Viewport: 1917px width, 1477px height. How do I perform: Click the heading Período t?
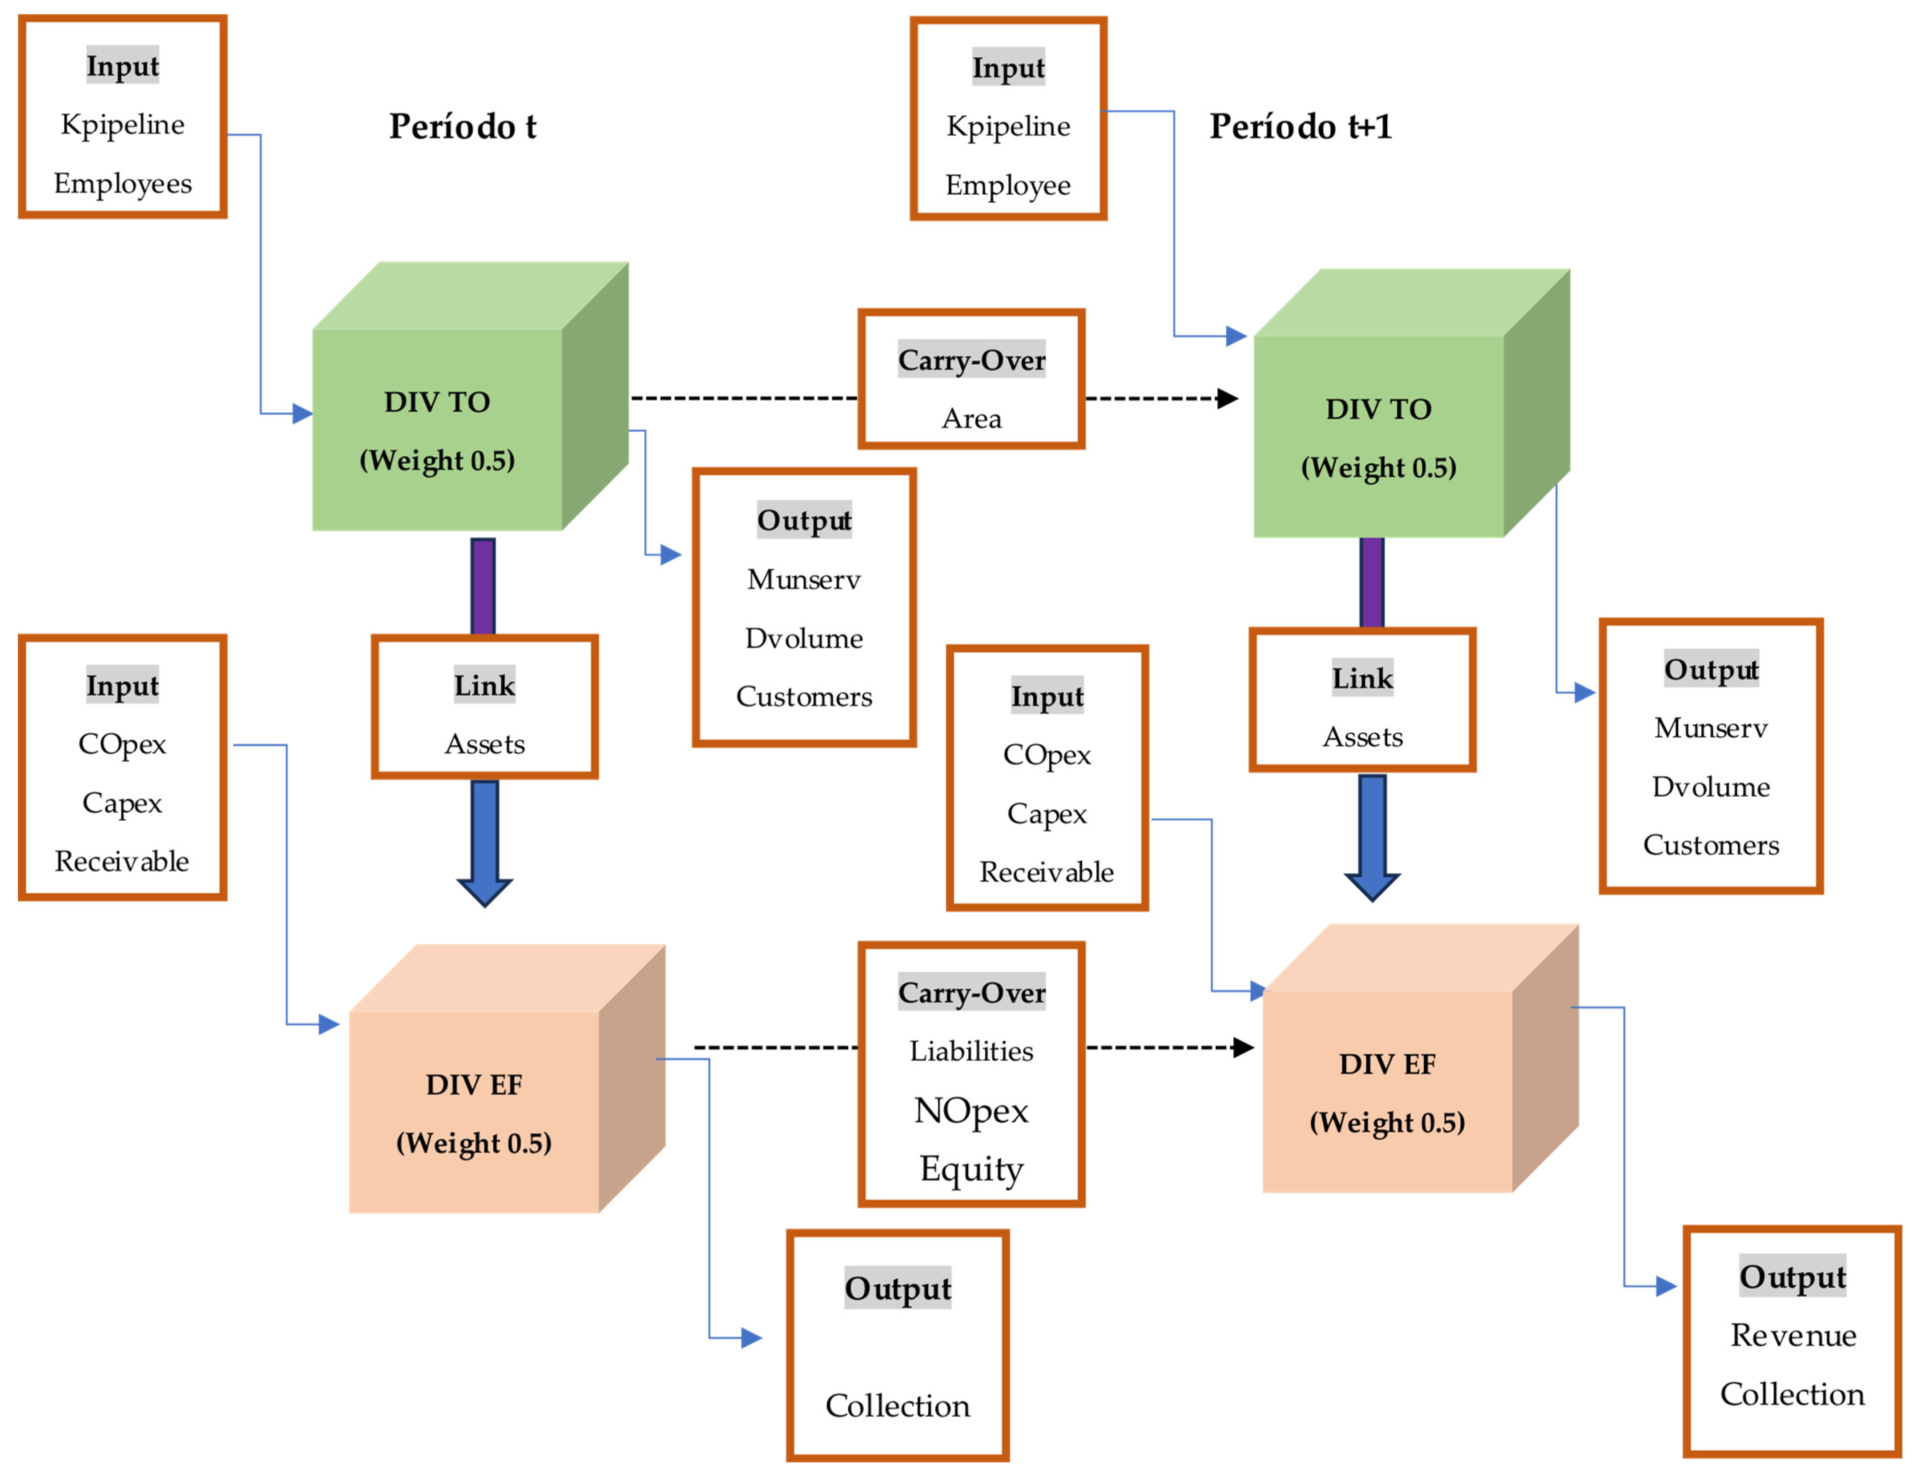point(463,126)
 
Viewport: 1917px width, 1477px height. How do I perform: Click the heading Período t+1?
point(1300,126)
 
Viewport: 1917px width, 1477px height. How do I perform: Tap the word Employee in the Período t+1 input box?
point(1008,185)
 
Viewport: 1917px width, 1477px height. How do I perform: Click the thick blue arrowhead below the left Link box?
point(484,891)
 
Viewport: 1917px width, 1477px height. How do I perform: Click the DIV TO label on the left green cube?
point(437,402)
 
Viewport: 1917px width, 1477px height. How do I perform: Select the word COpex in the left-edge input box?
point(122,744)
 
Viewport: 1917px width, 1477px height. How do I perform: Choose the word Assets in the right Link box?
point(1362,736)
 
